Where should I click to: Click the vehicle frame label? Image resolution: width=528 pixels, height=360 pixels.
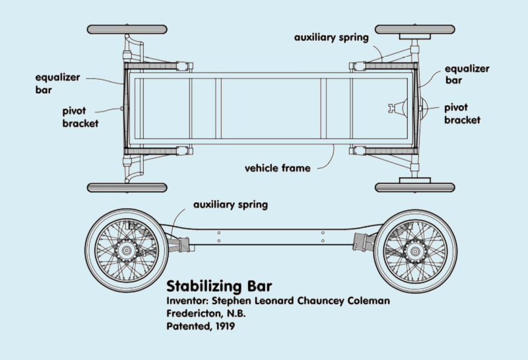click(277, 168)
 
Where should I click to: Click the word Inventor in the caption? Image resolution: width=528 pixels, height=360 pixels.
click(187, 301)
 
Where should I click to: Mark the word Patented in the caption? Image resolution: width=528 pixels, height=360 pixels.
click(187, 326)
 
